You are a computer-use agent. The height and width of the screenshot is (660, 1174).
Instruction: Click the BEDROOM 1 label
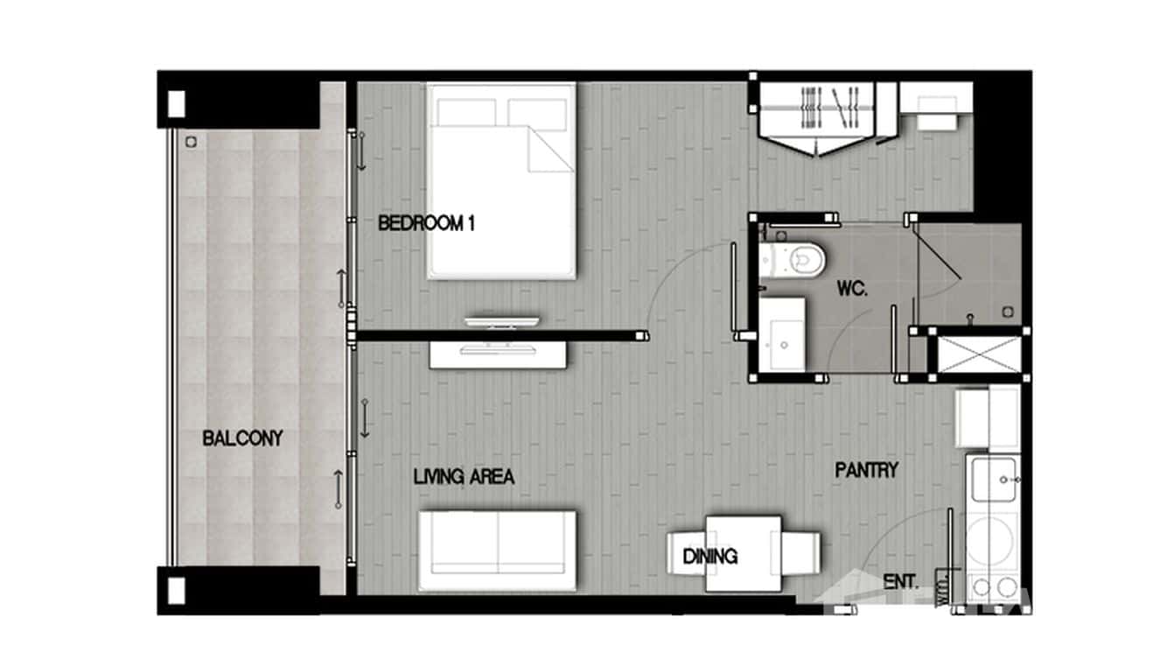click(x=426, y=223)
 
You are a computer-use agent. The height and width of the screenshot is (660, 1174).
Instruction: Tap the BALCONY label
click(x=242, y=438)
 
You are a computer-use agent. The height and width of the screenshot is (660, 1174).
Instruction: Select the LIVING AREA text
click(x=464, y=477)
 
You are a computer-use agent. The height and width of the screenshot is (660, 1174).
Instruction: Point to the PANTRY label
click(x=866, y=470)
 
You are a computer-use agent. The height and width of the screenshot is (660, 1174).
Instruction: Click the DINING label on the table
click(x=709, y=556)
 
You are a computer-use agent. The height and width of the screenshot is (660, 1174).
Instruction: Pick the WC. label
click(x=851, y=289)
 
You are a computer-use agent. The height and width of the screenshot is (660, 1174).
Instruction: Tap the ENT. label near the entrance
click(x=900, y=581)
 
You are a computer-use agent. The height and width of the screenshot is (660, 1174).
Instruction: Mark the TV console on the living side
click(x=498, y=354)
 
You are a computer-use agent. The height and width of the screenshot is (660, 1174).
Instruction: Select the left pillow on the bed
click(x=466, y=111)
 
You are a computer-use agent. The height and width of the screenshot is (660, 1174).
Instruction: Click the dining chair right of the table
click(x=802, y=553)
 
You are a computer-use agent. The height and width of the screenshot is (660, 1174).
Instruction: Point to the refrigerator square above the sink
click(x=989, y=418)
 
